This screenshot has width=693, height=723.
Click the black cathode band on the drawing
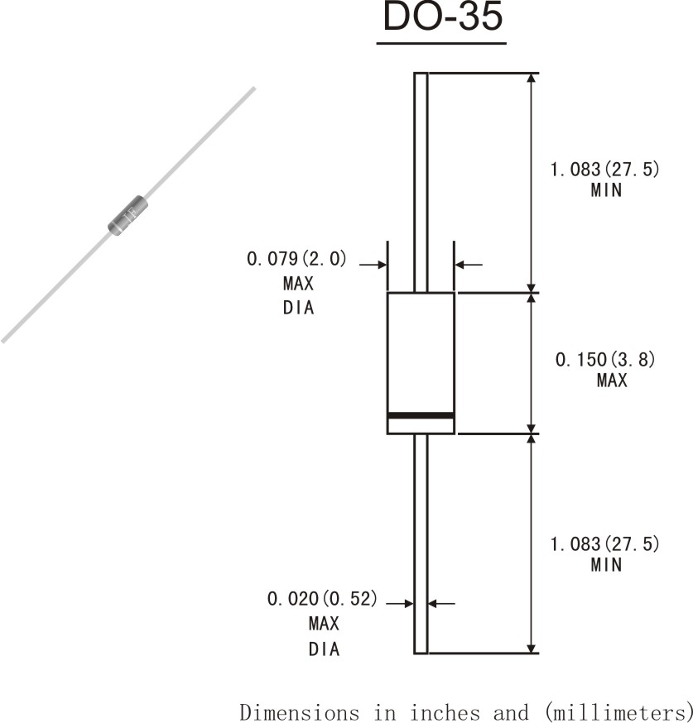click(421, 414)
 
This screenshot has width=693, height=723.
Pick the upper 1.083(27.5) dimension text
click(605, 170)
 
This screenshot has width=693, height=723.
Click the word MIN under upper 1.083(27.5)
click(605, 190)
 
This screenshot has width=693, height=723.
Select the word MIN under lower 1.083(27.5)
click(605, 565)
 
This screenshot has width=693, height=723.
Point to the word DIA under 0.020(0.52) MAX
click(325, 649)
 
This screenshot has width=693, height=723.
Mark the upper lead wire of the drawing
click(421, 182)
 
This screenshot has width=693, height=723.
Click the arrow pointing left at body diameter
click(469, 265)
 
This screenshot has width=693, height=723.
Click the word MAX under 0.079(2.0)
click(298, 284)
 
